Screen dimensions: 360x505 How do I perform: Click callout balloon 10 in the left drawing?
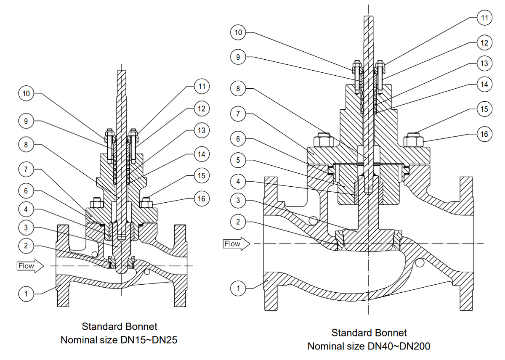point(27,93)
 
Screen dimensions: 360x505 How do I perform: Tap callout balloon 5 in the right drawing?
point(238,160)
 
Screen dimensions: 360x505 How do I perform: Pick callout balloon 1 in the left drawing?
point(27,294)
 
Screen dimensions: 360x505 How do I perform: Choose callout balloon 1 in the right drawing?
point(238,288)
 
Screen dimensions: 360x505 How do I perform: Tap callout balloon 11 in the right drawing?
point(484,18)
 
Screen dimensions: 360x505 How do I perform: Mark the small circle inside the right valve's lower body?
point(419,263)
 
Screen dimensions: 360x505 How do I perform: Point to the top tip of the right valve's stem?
point(369,17)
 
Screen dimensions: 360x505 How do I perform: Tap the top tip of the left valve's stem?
point(121,72)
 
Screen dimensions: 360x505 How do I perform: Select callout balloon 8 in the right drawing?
point(238,88)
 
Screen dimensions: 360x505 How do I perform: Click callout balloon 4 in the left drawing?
point(27,209)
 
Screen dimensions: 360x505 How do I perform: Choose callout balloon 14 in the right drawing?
point(484,84)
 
